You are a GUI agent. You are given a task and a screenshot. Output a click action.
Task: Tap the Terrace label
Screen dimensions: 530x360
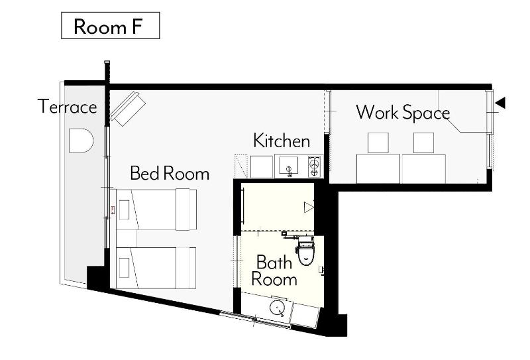[x=68, y=107]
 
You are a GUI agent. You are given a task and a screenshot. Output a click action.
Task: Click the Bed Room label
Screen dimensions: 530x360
[x=170, y=173]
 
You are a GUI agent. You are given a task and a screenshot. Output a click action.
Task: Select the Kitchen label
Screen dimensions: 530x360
[x=282, y=141]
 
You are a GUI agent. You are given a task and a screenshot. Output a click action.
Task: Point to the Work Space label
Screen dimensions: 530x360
[x=403, y=113]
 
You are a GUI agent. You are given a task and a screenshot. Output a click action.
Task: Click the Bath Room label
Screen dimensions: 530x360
[x=274, y=271]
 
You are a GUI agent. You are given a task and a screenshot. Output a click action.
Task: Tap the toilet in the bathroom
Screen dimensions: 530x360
[x=306, y=251]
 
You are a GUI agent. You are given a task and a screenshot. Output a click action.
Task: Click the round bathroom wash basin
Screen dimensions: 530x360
[x=278, y=308]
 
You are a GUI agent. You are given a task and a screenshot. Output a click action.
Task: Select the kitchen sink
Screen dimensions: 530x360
[x=288, y=166]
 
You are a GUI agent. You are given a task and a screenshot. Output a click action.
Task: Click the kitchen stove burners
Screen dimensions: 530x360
[x=314, y=166]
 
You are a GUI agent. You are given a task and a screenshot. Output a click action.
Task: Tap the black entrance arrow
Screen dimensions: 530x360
[x=500, y=103]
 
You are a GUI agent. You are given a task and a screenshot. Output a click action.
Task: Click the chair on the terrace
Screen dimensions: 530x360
[x=81, y=141]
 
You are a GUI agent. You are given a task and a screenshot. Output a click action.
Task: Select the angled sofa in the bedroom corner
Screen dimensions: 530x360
[x=128, y=108]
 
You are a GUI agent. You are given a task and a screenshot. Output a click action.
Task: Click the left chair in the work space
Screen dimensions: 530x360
[x=378, y=143]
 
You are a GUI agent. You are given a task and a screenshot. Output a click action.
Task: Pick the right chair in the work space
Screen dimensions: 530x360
[x=423, y=143]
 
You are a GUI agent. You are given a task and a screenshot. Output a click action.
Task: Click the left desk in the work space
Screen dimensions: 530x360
[x=378, y=169]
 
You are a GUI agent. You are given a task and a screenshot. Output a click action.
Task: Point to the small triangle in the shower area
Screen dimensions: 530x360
[x=309, y=207]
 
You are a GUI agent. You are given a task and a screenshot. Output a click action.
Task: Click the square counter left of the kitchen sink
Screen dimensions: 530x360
[x=262, y=166]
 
